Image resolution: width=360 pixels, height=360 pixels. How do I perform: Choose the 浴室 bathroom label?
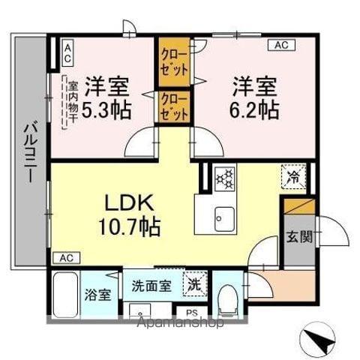[97, 294]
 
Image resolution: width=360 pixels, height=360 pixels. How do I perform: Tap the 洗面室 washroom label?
[151, 286]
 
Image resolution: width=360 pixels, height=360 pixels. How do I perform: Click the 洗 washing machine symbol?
[193, 285]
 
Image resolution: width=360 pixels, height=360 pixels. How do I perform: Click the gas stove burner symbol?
[224, 178]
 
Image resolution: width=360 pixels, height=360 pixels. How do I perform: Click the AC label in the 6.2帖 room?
[280, 46]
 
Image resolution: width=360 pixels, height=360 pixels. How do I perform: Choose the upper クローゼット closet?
[174, 61]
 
